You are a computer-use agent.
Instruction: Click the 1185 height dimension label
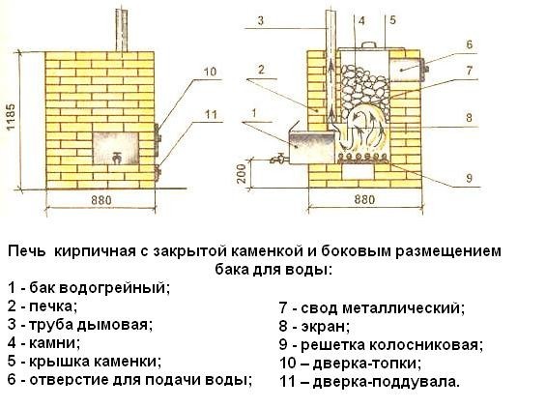(x=11, y=116)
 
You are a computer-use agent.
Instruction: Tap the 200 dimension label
(x=242, y=173)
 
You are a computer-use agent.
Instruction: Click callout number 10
(x=210, y=72)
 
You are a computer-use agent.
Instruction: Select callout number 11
(x=211, y=114)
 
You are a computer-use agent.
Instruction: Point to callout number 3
(x=261, y=21)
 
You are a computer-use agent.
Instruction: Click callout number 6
(x=469, y=44)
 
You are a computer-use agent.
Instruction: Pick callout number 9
(x=469, y=178)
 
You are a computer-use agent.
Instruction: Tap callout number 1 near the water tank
(x=254, y=113)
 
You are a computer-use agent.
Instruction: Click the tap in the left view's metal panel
(x=117, y=158)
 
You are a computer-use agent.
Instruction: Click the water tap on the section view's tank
(x=278, y=159)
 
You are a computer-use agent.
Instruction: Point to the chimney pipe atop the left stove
(x=122, y=30)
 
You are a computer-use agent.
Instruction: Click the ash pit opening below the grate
(x=359, y=172)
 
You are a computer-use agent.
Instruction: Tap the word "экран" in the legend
(x=325, y=327)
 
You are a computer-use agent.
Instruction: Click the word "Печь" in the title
(x=26, y=251)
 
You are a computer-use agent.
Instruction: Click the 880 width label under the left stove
(x=101, y=200)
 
